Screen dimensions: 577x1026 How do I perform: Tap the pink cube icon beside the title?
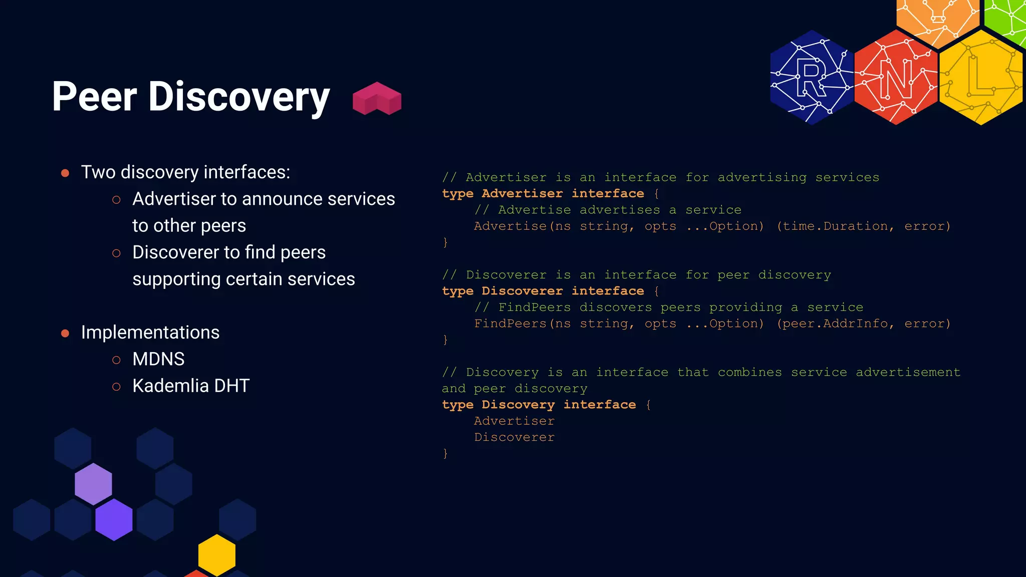[377, 99]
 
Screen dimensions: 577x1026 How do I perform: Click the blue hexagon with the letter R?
[812, 78]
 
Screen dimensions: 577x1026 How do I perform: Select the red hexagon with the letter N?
[896, 78]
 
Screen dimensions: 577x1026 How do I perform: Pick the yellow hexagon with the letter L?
[980, 78]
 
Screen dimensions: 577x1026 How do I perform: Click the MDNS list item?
[158, 359]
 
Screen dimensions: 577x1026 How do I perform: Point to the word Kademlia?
[170, 386]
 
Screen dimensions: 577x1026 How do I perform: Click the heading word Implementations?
[150, 333]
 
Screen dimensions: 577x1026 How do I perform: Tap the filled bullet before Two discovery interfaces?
[65, 173]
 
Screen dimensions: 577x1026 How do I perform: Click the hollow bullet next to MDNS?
[116, 360]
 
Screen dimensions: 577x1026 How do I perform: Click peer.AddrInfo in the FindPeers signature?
[836, 324]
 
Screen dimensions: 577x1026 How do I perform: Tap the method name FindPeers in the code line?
[510, 324]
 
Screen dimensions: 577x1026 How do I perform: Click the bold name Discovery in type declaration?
[518, 405]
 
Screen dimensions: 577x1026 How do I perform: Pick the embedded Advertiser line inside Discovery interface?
[514, 421]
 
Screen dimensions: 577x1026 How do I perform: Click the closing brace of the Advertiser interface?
[445, 242]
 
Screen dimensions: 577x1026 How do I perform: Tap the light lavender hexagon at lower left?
[93, 484]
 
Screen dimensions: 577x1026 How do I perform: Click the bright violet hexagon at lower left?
[114, 519]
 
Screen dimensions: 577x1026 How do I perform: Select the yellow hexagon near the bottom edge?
[216, 554]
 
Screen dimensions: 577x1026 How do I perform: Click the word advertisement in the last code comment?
[908, 373]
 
